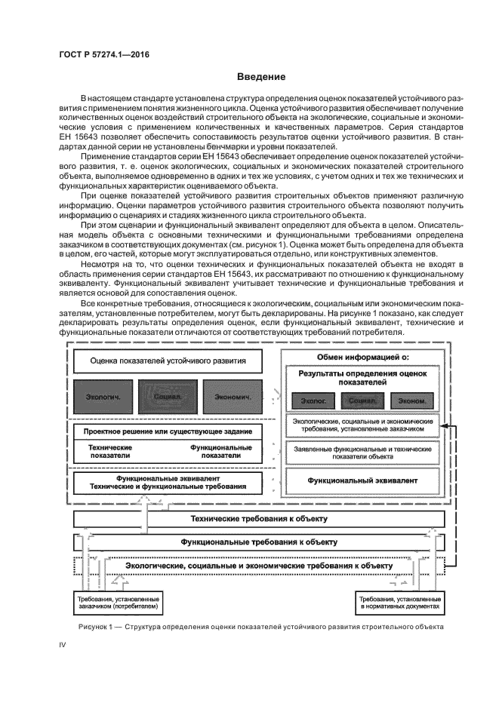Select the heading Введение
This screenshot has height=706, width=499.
pyautogui.click(x=260, y=77)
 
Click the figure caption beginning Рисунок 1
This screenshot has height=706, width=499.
pyautogui.click(x=260, y=626)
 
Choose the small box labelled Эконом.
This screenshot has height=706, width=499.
pyautogui.click(x=415, y=401)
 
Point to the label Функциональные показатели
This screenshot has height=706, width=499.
pyautogui.click(x=220, y=451)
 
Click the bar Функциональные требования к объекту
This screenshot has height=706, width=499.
pyautogui.click(x=259, y=542)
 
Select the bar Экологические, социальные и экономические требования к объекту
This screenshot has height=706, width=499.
pyautogui.click(x=259, y=565)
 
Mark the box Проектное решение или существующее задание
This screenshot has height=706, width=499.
pyautogui.click(x=168, y=432)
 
